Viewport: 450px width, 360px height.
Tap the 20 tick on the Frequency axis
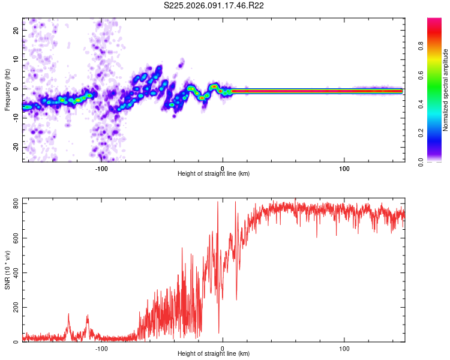17,29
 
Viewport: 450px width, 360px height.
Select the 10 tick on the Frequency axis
17,59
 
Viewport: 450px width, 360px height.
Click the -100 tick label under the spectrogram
101,168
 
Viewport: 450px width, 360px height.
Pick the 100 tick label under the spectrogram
344,168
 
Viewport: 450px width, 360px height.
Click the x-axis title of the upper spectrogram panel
214,174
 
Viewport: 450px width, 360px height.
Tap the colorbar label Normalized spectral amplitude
445,90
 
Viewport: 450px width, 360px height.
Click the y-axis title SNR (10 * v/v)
7,270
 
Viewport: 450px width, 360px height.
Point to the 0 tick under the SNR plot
223,349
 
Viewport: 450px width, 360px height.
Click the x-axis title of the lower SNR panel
214,355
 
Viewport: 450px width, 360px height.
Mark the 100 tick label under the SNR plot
344,349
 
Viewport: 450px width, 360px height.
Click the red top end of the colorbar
434,20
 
